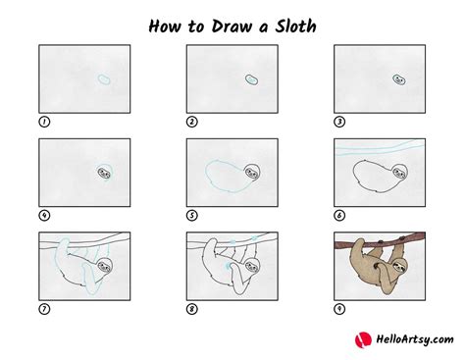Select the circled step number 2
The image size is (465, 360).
192,123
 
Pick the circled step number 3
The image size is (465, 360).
339,123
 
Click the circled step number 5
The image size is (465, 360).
192,216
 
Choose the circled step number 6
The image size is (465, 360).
339,216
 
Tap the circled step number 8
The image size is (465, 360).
192,310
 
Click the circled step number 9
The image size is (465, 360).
339,310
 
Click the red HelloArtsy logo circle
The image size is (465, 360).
360,338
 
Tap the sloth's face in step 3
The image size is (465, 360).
399,78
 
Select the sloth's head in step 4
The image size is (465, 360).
104,173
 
